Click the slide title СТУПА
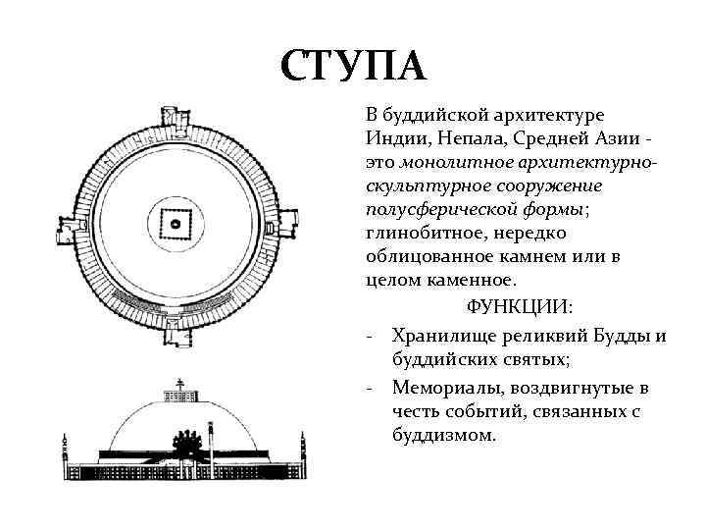coord(353,67)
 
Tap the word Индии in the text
coord(394,138)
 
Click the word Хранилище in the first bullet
coord(438,338)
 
